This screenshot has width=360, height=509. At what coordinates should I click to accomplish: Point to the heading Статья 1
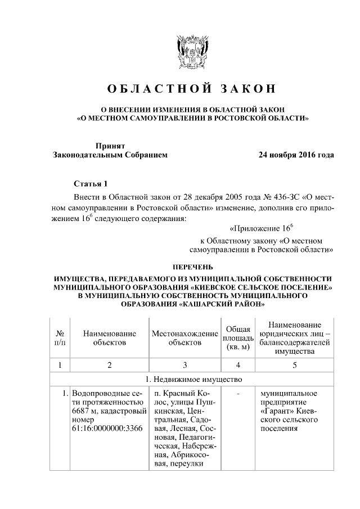(x=90, y=184)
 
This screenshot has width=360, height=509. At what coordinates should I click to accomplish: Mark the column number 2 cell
(x=110, y=365)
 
